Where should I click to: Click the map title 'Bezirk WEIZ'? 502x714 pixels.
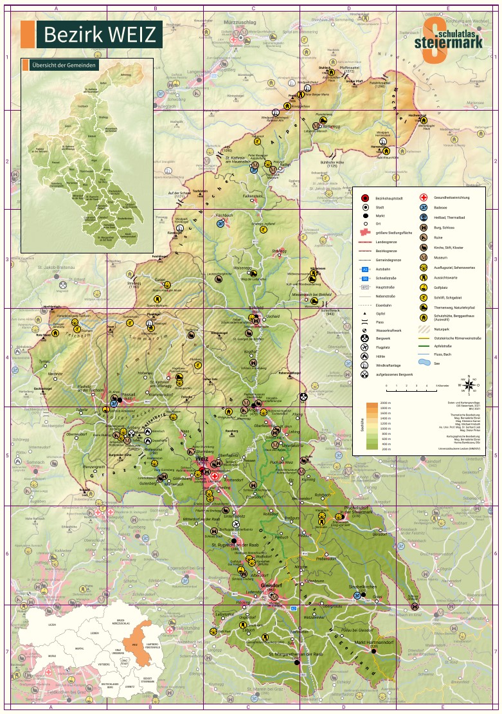100,35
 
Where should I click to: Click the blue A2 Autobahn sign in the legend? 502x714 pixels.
364,269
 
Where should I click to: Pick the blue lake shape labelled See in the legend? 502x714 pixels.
424,363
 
